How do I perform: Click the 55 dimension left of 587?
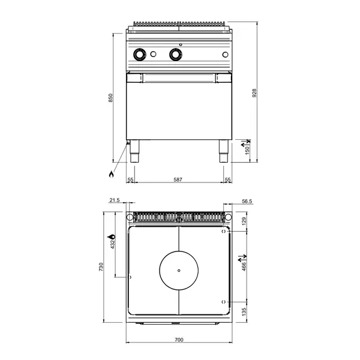(130, 180)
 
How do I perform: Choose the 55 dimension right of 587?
(227, 180)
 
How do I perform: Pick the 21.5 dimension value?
(115, 200)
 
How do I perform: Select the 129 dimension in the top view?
(244, 221)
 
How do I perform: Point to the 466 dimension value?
(244, 265)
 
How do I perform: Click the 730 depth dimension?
(101, 266)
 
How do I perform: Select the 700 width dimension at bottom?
(179, 340)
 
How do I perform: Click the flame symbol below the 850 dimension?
(110, 175)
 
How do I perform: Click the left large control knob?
(140, 55)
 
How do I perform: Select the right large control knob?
(176, 55)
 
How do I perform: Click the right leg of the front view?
(224, 152)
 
